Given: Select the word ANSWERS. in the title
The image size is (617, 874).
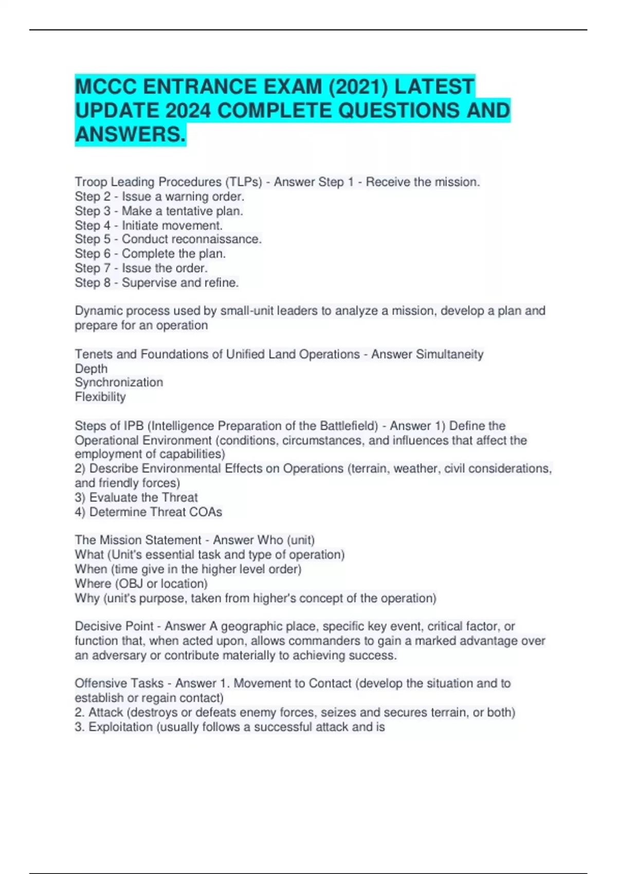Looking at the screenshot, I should pyautogui.click(x=130, y=135).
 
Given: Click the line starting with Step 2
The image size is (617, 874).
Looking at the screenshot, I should pyautogui.click(x=159, y=196).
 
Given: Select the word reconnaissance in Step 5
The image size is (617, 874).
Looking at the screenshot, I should pyautogui.click(x=216, y=239).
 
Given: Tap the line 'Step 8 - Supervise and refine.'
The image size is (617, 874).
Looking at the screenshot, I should pyautogui.click(x=157, y=282).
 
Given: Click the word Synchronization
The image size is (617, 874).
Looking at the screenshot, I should pyautogui.click(x=119, y=383).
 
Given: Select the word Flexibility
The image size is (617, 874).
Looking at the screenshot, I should pyautogui.click(x=100, y=397).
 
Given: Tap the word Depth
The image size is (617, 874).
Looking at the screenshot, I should pyautogui.click(x=91, y=369).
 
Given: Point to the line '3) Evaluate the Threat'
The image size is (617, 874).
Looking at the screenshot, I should pyautogui.click(x=136, y=497).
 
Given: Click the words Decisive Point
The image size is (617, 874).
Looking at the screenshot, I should pyautogui.click(x=114, y=626).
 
